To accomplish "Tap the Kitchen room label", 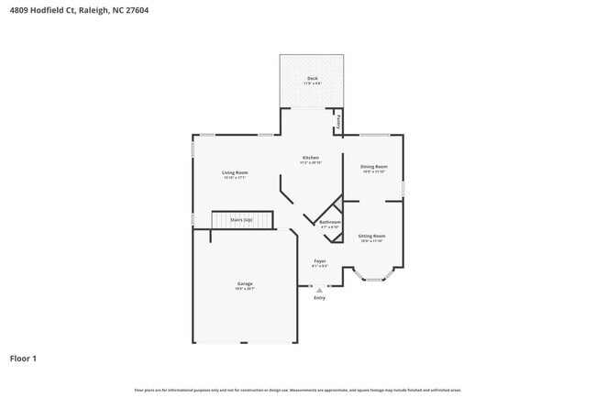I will click(x=311, y=158).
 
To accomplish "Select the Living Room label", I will click(x=235, y=172).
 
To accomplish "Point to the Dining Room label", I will click(x=373, y=166).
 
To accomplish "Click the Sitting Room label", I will click(x=371, y=236).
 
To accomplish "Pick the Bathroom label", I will click(x=330, y=222).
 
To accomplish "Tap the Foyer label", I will click(x=319, y=260).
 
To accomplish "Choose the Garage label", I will click(x=245, y=283).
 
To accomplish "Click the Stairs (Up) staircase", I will click(x=243, y=221).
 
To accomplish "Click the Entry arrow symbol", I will click(x=319, y=290).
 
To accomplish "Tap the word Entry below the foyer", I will click(x=319, y=298).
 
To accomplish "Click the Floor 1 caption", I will click(x=24, y=358).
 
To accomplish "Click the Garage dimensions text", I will click(x=245, y=289).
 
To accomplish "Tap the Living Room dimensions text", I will click(x=235, y=178).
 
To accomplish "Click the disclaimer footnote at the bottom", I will click(x=298, y=390).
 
